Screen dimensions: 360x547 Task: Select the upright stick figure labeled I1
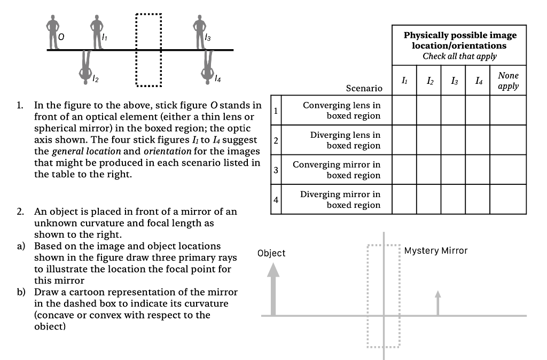coord(96,31)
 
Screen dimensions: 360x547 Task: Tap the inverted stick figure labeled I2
coord(85,67)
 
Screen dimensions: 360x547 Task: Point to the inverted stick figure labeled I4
coord(208,67)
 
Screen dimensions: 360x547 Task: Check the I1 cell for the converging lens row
coord(404,111)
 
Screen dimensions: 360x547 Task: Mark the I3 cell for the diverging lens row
coord(454,140)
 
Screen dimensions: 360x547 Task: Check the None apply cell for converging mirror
coord(507,170)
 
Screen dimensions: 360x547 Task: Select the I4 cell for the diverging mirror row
coord(478,199)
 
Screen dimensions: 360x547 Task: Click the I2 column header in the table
coord(429,81)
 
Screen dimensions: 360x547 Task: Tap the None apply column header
coord(507,81)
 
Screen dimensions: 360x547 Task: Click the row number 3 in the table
coord(276,170)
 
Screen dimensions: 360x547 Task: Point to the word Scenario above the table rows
coord(364,88)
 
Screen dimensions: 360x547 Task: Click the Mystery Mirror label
coord(436,251)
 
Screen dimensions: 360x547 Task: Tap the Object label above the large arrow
coord(271,253)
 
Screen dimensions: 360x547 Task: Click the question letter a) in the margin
coord(21,246)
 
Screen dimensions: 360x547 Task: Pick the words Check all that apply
coord(459,56)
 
